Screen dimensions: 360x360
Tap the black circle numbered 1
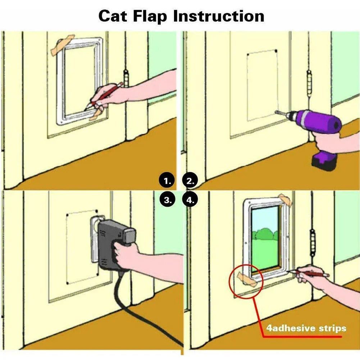[x=167, y=181]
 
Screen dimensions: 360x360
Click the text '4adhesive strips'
[x=306, y=328]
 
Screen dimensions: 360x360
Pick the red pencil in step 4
[x=309, y=274]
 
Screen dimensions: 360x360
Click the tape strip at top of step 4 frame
[x=284, y=199]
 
